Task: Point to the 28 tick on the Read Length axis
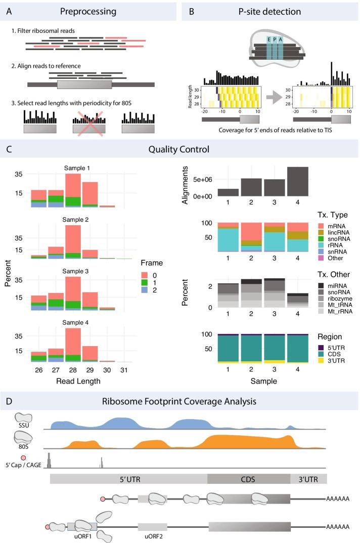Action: [x=73, y=371]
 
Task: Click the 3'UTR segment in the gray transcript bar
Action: [x=308, y=479]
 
